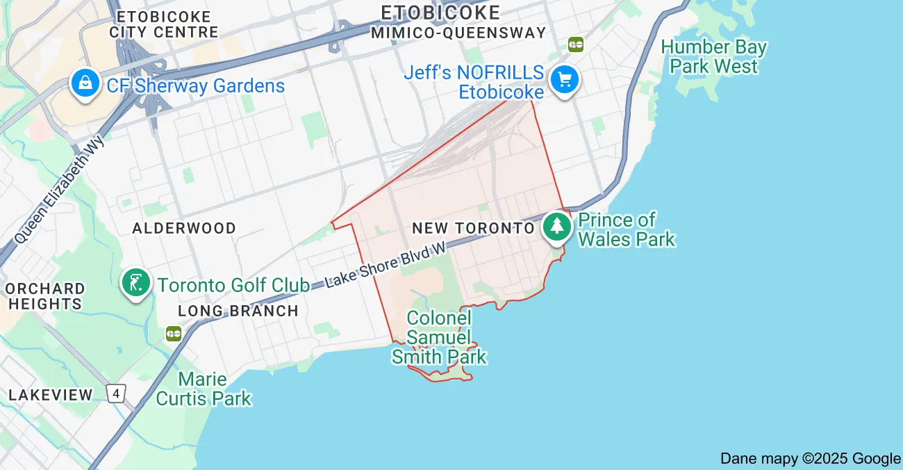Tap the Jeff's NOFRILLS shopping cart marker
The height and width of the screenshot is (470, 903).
point(564,80)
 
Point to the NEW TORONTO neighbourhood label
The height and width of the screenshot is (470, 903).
point(473,228)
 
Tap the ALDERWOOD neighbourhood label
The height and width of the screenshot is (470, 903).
point(184,228)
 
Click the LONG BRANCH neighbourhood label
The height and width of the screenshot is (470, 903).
point(238,311)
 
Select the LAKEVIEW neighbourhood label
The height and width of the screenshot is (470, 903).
point(51,395)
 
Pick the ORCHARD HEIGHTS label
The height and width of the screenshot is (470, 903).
point(45,295)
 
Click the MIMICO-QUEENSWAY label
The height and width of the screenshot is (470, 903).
point(458,33)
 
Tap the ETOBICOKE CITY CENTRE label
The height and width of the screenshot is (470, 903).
point(164,24)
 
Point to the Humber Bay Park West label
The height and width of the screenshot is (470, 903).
point(714,57)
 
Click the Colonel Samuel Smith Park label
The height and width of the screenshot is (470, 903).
point(439,338)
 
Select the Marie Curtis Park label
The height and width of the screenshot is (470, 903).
point(204,389)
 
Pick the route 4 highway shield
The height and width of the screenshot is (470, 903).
point(117,393)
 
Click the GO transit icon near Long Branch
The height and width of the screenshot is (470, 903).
point(174,334)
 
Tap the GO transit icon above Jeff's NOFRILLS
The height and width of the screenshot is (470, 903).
point(576,44)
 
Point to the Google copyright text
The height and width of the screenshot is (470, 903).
point(810,458)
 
